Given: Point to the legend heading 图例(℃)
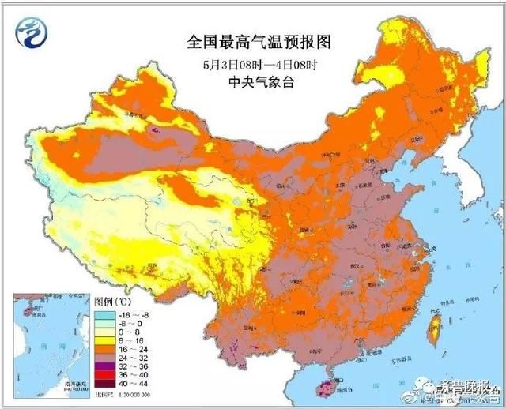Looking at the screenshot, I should pos(113,302).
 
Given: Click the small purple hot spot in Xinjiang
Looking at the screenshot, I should pos(156,129).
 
